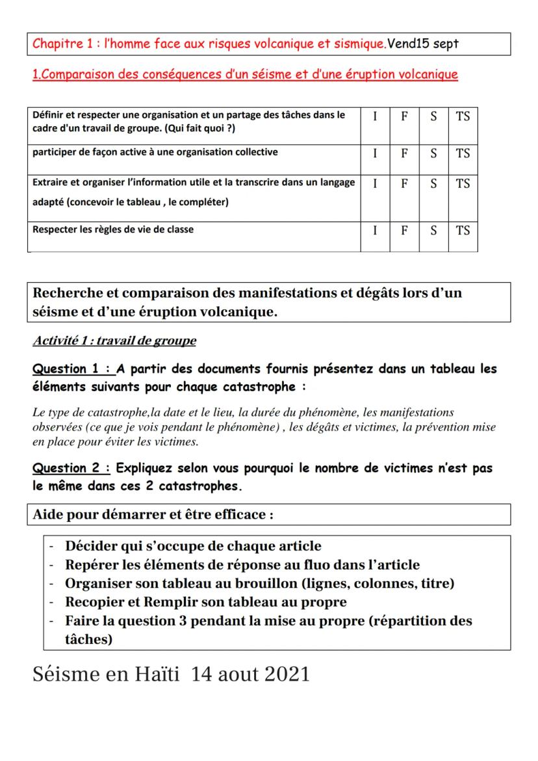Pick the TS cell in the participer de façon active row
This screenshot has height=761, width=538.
click(463, 153)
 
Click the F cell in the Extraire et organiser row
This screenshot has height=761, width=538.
click(404, 184)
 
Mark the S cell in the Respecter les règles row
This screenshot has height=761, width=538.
click(433, 230)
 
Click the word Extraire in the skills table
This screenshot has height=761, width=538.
click(50, 183)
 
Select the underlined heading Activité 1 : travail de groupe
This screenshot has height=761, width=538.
click(114, 341)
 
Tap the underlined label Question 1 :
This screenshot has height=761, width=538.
click(72, 369)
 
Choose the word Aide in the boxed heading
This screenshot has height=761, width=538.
click(47, 515)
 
